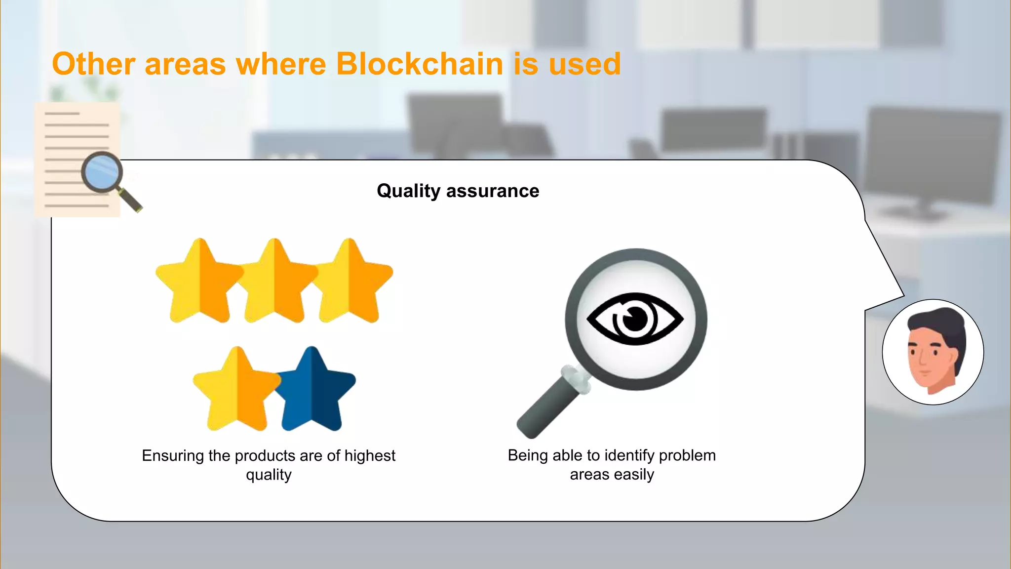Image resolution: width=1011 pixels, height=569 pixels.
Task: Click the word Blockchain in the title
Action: (419, 64)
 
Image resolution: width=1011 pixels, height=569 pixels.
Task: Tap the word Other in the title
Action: (93, 64)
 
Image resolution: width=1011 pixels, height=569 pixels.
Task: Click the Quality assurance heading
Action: (458, 191)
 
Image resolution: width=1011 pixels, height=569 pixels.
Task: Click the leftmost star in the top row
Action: (199, 284)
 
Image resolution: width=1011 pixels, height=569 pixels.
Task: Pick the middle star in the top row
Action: (274, 284)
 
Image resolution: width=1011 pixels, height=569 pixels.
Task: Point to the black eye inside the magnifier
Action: (635, 319)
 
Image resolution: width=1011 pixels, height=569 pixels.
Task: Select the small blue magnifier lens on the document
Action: (102, 173)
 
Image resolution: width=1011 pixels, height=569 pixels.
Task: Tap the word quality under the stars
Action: (269, 475)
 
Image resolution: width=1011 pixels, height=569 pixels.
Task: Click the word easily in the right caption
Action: (634, 475)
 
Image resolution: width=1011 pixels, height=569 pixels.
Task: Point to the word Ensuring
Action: (173, 455)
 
